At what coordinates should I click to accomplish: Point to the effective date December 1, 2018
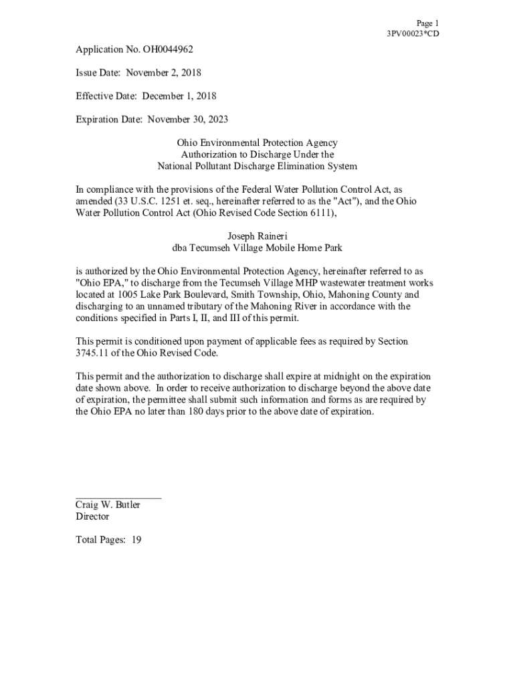179,96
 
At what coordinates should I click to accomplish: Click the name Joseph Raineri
257,236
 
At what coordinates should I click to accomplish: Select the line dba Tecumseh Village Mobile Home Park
257,248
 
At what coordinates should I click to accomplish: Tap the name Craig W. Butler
108,505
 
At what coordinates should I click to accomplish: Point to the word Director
92,516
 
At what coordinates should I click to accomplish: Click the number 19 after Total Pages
136,540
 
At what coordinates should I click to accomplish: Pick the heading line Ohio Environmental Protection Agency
257,143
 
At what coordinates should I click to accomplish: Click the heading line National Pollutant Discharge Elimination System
257,166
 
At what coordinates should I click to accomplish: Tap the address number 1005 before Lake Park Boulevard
128,294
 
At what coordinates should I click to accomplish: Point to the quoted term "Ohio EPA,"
99,283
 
